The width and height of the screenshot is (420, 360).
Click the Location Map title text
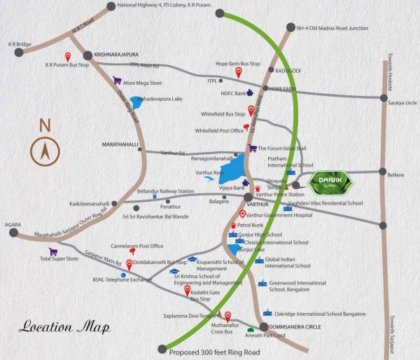(56, 326)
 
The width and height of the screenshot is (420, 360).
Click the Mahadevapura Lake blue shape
(136, 103)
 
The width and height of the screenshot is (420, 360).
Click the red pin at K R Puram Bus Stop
(69, 56)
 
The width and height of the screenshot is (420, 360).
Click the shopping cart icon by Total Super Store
(52, 251)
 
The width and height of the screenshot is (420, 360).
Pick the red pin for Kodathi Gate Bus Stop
(186, 289)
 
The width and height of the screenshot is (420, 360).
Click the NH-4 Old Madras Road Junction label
(332, 28)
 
